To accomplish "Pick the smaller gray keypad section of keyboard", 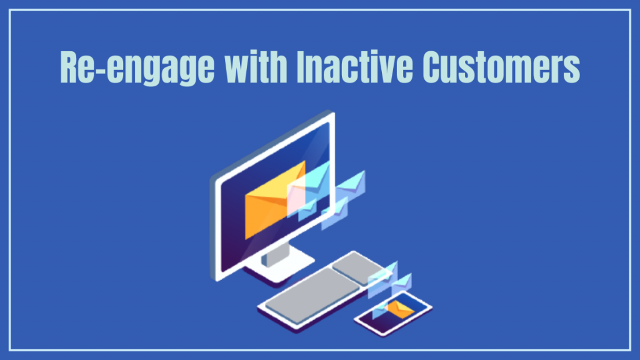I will (x=357, y=267).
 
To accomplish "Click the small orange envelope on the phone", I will (x=400, y=308).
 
